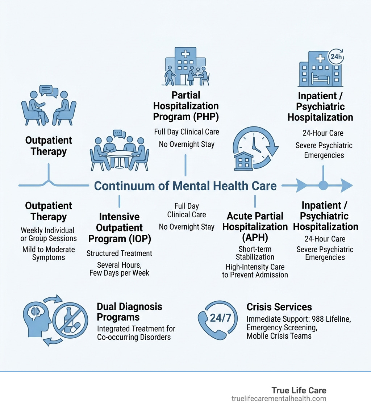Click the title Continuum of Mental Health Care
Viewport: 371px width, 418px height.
click(185, 186)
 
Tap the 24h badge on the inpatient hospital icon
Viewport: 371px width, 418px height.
click(335, 57)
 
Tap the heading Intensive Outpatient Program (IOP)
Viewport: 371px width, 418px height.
click(119, 228)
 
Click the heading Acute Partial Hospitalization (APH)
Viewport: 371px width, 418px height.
click(255, 227)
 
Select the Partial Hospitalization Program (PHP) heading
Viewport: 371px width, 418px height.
click(186, 106)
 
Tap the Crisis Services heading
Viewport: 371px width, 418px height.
click(279, 307)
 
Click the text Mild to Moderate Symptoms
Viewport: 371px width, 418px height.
click(49, 254)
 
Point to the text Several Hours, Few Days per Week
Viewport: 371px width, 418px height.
click(119, 269)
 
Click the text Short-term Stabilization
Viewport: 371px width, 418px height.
click(255, 253)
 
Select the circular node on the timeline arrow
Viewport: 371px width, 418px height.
click(323, 186)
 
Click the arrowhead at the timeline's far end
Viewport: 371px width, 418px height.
click(346, 186)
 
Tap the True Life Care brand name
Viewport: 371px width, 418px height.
click(299, 390)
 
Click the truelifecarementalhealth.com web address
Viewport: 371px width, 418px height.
click(279, 399)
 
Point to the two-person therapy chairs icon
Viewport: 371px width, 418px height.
click(49, 105)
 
